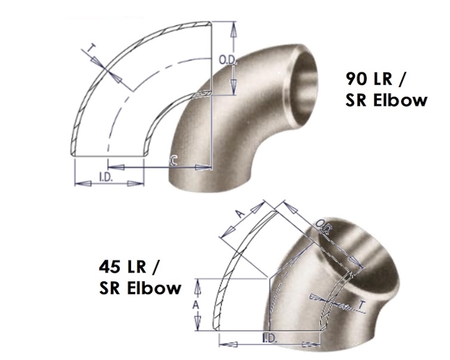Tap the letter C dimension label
click(x=173, y=159)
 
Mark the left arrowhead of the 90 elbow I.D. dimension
click(x=78, y=178)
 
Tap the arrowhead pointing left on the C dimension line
click(x=149, y=168)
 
